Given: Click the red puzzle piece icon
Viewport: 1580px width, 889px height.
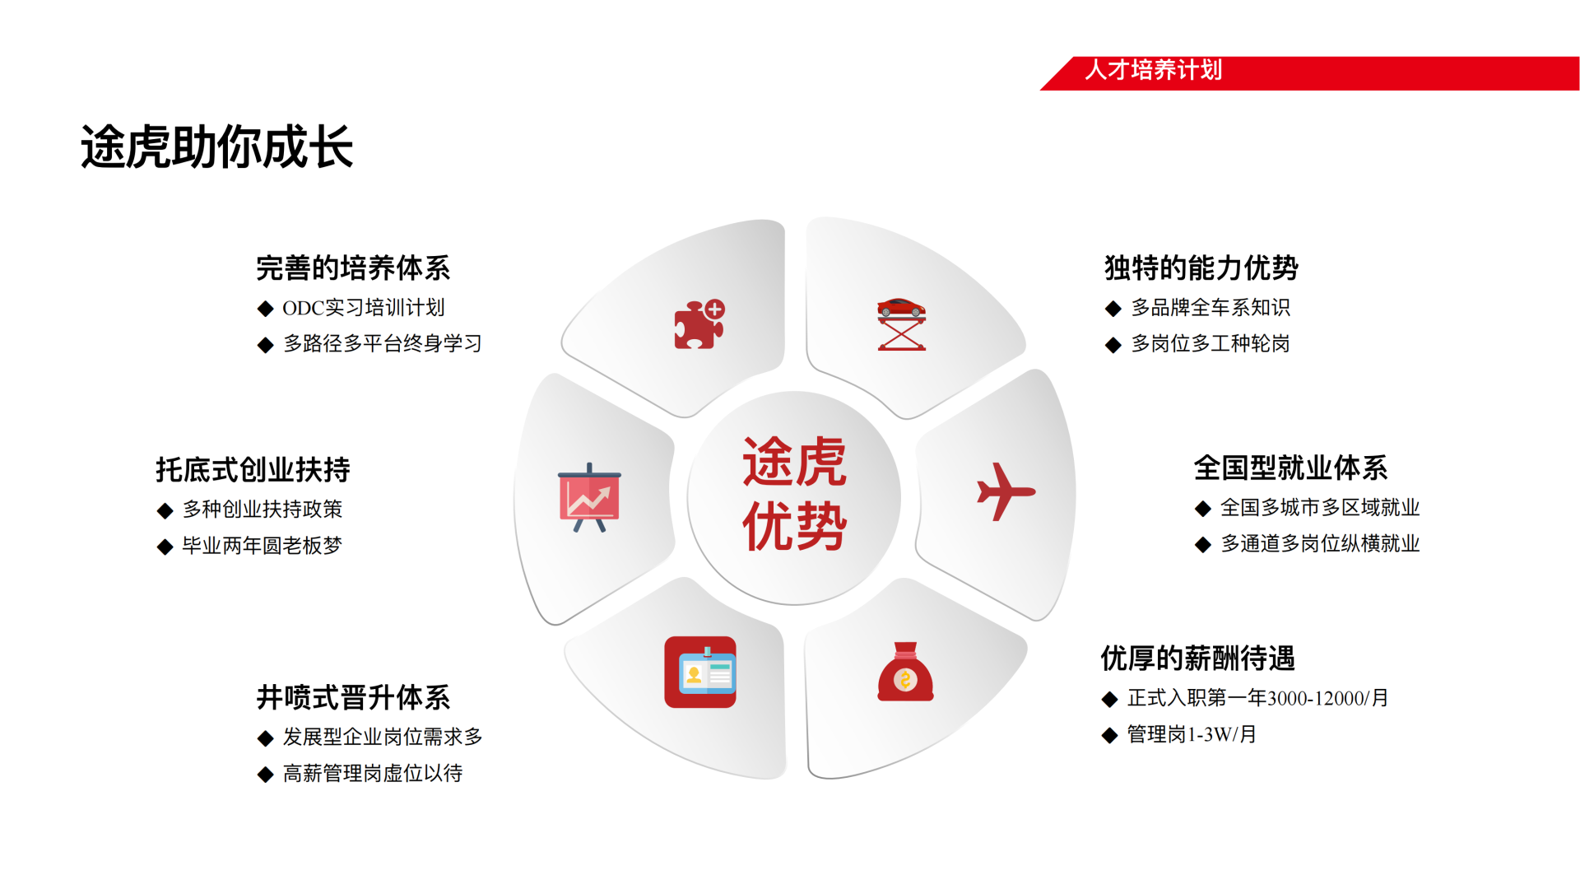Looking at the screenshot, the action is [x=699, y=324].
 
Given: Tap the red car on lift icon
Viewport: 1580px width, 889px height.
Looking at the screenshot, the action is [x=901, y=324].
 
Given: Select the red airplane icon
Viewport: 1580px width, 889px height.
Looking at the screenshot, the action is [x=1005, y=491].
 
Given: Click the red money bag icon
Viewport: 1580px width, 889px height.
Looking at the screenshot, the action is [x=905, y=672].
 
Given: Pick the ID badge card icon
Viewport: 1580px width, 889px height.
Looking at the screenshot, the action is [x=700, y=672].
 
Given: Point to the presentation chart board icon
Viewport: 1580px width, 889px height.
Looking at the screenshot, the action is [x=589, y=497].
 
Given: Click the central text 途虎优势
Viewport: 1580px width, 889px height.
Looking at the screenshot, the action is [x=794, y=493].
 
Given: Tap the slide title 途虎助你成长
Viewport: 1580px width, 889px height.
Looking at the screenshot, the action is [x=217, y=147].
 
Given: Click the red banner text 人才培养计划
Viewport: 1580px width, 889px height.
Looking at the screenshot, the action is [x=1154, y=70].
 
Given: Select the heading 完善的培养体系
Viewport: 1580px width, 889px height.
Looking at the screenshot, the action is [x=353, y=268].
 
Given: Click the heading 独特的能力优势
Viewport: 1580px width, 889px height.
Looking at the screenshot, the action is [x=1201, y=268].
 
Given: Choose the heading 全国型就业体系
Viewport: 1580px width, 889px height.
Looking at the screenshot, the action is [x=1291, y=468].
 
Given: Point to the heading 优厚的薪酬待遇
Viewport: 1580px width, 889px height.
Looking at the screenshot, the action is [x=1198, y=658].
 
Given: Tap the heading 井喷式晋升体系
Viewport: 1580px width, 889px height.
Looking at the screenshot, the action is [x=353, y=697].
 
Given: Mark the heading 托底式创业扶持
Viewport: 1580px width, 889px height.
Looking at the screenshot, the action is [x=253, y=469].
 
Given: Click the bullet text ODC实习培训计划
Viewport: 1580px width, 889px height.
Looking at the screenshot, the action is [x=364, y=308].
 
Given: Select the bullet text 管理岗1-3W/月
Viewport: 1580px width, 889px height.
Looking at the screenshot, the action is [x=1192, y=734].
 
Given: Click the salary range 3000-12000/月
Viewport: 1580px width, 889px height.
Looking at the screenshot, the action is [x=1328, y=698].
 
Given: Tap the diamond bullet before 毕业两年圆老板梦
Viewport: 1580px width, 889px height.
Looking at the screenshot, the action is [x=165, y=547].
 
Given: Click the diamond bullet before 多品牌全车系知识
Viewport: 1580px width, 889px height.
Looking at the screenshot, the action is [x=1113, y=309].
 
